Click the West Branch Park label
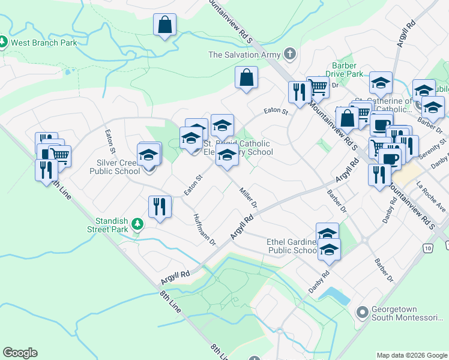coord(44,43)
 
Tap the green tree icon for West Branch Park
coord(3,43)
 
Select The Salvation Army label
coord(244,55)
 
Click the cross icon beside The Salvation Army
coord(290,55)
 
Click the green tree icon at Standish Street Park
coord(138,224)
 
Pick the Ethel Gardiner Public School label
coord(292,246)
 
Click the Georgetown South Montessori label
coord(409,317)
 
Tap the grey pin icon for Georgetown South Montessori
coord(362,313)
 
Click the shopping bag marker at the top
coord(164,26)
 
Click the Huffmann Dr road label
coord(204,230)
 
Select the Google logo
coord(20,353)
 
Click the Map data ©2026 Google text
coord(412,355)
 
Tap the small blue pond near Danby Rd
coord(336,294)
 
